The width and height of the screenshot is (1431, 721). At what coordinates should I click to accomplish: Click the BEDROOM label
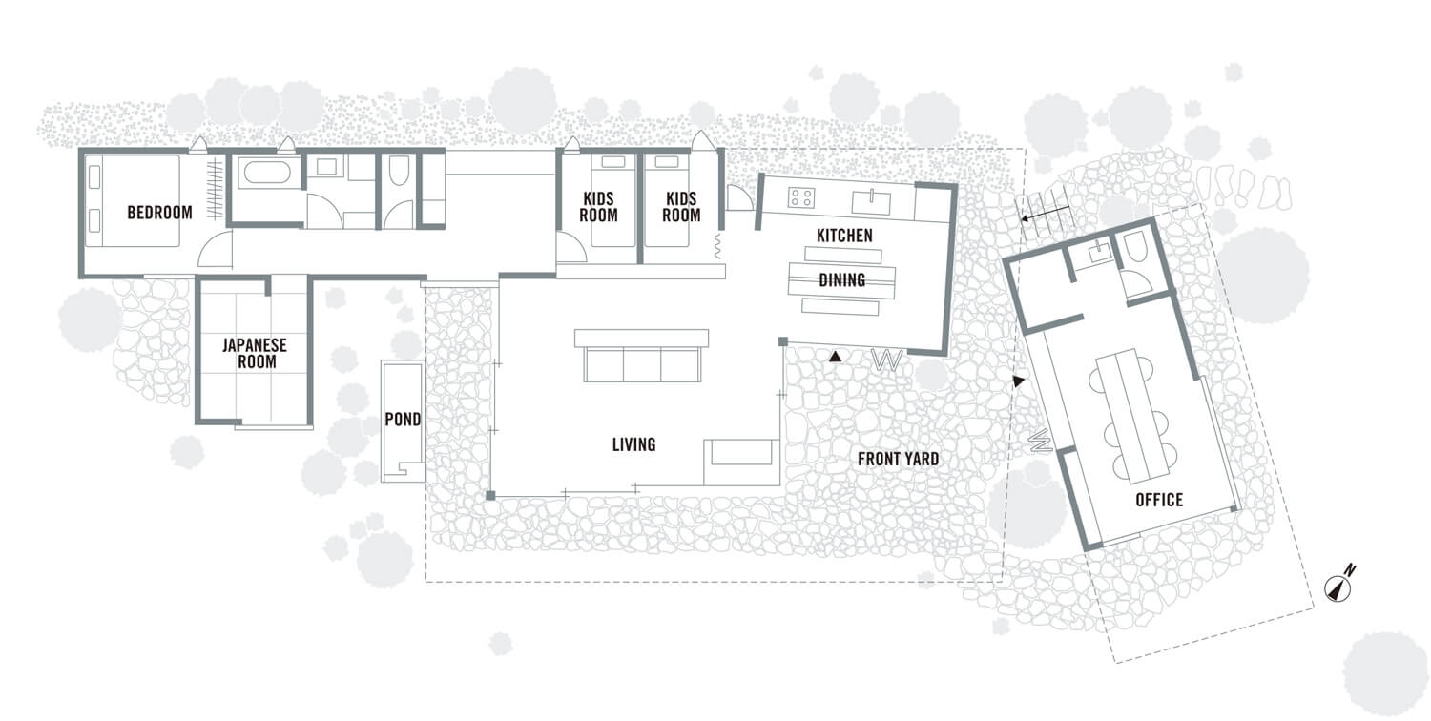click(x=159, y=213)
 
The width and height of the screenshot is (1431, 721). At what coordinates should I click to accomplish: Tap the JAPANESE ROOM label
click(x=255, y=353)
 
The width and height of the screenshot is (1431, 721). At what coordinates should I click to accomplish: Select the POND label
click(x=403, y=420)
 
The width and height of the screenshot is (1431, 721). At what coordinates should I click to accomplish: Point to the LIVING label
click(x=633, y=444)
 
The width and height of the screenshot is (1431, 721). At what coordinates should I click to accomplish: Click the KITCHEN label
click(x=844, y=236)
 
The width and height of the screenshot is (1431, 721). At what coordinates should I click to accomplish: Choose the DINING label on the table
click(x=842, y=279)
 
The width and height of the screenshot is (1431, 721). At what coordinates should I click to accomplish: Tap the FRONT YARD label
click(x=899, y=459)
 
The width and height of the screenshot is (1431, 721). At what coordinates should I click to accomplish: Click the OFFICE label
click(x=1159, y=500)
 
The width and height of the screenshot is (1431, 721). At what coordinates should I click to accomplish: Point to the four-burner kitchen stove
click(x=801, y=197)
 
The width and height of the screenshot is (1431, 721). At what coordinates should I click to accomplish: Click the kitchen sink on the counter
click(x=871, y=202)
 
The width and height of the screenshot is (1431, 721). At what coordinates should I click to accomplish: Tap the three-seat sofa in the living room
click(x=642, y=356)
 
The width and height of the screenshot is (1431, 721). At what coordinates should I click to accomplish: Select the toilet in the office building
click(x=1134, y=248)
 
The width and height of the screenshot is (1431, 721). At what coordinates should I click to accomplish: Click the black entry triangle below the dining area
click(x=835, y=357)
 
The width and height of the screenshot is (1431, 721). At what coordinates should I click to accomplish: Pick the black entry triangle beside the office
click(x=1018, y=381)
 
